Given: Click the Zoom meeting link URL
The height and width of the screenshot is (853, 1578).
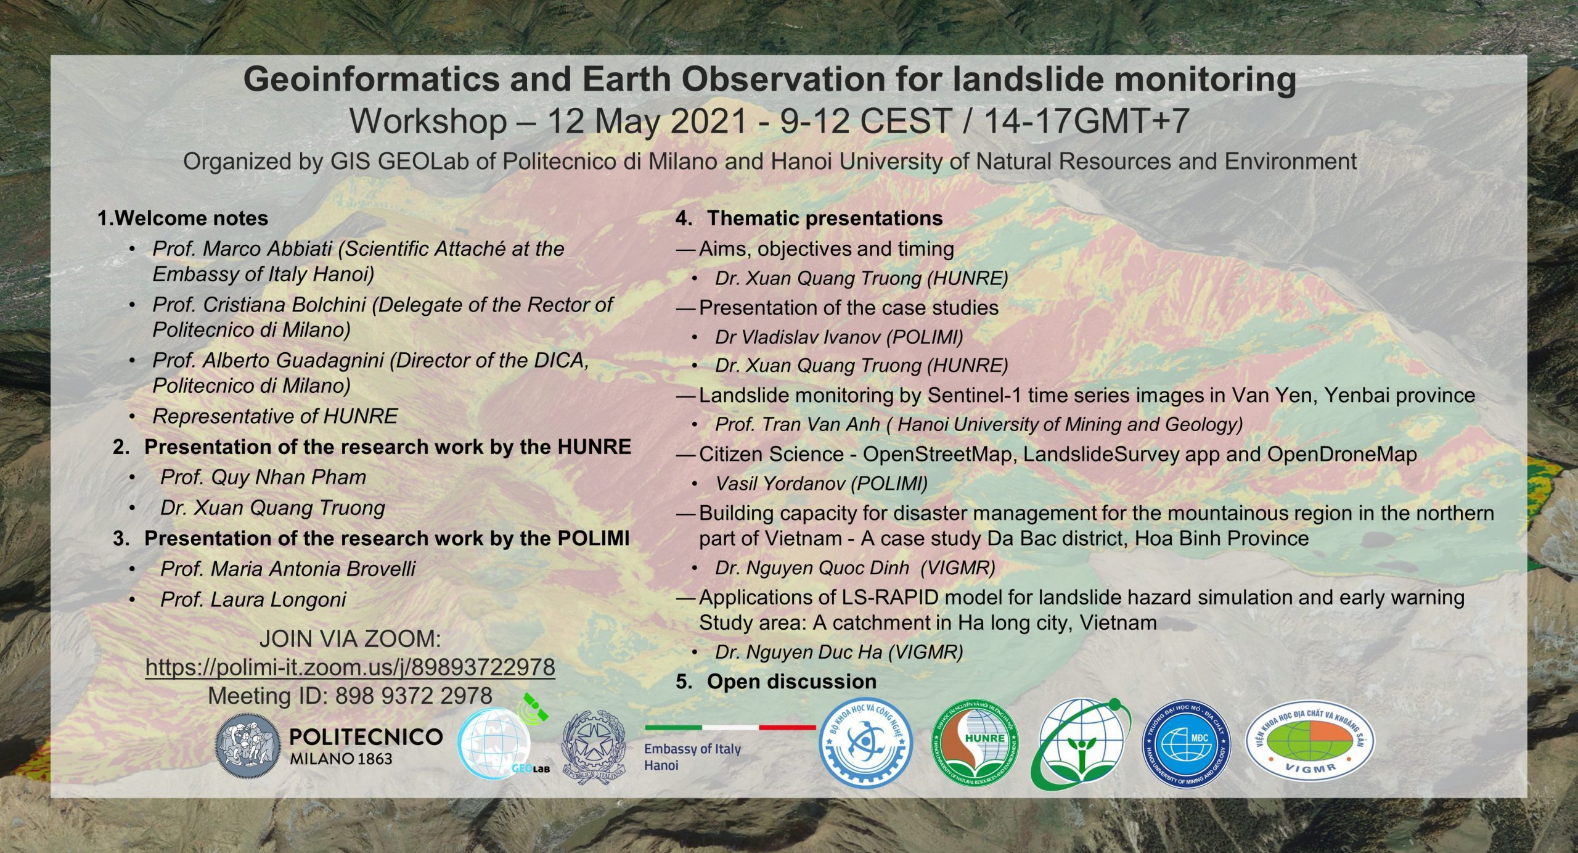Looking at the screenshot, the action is [350, 667].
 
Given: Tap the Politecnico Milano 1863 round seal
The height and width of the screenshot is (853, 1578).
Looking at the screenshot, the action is [247, 749].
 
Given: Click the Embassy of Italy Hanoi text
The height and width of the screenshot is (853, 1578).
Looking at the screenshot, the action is [692, 757].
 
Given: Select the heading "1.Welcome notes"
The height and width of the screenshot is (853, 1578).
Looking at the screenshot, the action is [183, 218].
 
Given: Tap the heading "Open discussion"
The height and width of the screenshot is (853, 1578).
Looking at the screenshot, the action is [791, 681].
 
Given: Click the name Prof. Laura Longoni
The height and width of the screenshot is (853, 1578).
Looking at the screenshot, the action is [253, 599].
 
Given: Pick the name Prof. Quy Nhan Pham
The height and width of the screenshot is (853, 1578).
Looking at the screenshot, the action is [263, 477].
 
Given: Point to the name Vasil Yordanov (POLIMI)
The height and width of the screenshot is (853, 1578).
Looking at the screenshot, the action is [821, 484].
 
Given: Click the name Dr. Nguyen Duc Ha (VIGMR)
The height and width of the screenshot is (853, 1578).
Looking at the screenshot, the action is [839, 652].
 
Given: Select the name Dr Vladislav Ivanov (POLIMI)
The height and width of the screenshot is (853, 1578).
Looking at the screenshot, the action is [839, 337].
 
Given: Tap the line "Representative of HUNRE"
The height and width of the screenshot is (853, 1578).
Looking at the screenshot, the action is [275, 416].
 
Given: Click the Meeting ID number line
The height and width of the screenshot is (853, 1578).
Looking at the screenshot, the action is [350, 696].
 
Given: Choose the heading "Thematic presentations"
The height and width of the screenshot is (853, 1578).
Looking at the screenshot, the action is [825, 218].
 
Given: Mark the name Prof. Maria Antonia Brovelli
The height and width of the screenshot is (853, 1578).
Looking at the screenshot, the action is [288, 568].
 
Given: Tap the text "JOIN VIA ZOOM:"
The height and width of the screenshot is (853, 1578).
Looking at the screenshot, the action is [350, 639].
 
